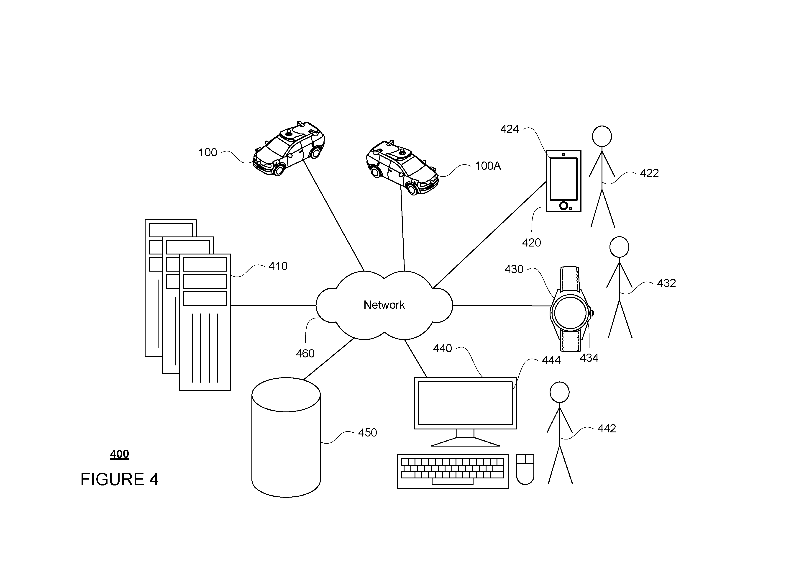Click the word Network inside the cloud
pos(384,305)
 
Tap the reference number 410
pos(278,266)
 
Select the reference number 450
pos(367,433)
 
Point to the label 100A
pos(488,166)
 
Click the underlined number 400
pos(119,454)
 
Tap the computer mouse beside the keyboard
pos(525,469)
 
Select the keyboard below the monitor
pos(452,471)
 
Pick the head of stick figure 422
pos(602,136)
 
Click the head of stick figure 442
pos(560,392)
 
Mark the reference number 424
pos(510,129)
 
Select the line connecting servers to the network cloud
pos(273,305)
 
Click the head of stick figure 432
pos(619,247)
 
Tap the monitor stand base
pos(465,442)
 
